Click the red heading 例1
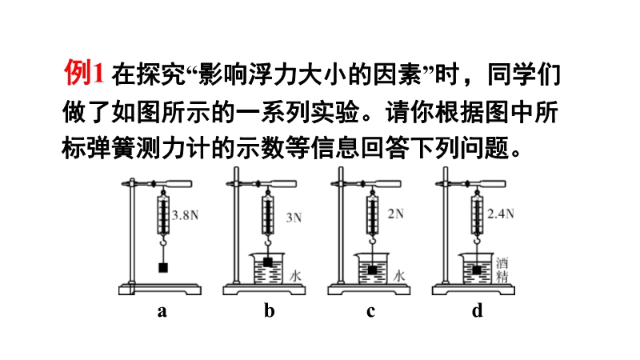[84, 73]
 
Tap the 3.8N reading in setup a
[185, 215]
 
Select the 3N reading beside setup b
[294, 218]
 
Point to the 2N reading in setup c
[395, 214]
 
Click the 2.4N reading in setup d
[501, 214]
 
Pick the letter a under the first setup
[162, 311]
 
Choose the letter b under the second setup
[269, 310]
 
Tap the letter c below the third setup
[370, 311]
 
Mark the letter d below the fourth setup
[477, 310]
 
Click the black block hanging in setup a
[163, 268]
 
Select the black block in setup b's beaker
[268, 262]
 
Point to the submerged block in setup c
[372, 270]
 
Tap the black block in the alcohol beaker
[477, 270]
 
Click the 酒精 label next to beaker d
[502, 270]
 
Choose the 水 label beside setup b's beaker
[295, 276]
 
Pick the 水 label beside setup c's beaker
[399, 276]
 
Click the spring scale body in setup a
[163, 214]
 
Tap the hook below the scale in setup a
[163, 243]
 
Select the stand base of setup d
[474, 290]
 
